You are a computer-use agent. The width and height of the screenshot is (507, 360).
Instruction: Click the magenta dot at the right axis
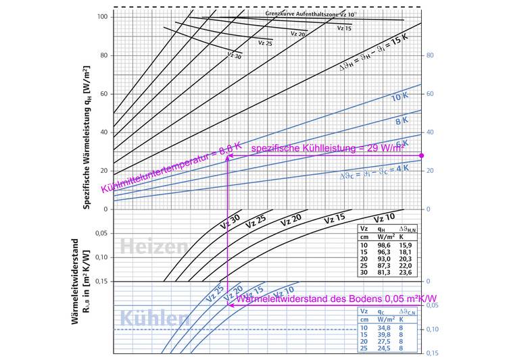point(422,156)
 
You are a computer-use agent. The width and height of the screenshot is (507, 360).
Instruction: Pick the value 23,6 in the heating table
point(408,274)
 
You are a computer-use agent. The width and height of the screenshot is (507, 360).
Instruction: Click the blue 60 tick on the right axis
point(428,94)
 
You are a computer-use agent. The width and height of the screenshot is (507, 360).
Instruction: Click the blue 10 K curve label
point(402,98)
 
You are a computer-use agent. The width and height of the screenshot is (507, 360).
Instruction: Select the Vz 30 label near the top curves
point(234,55)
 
